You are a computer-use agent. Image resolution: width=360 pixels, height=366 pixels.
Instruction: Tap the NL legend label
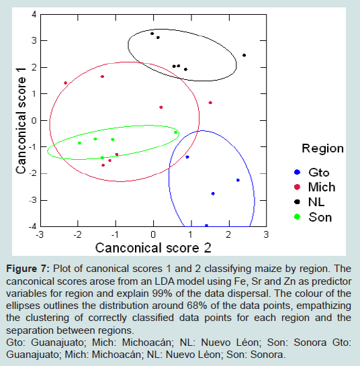coord(316,202)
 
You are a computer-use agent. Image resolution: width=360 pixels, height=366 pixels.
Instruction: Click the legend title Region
coord(322,148)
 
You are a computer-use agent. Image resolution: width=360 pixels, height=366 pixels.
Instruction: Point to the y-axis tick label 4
coord(34,15)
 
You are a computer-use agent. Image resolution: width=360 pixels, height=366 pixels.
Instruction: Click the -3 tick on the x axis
coord(40,234)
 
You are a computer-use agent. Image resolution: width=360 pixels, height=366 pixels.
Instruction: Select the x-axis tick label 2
coord(228,234)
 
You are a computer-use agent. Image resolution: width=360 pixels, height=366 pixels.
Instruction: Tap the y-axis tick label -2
coord(33,173)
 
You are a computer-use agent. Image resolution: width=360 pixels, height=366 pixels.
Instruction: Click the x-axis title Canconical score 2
coord(153,248)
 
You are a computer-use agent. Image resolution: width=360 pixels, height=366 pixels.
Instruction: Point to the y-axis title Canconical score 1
coord(21,120)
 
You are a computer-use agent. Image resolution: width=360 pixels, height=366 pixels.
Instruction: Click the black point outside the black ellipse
coord(244,55)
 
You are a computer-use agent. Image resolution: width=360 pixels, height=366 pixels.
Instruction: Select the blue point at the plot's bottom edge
coord(206,226)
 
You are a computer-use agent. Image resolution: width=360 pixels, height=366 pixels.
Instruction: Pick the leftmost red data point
coord(66,83)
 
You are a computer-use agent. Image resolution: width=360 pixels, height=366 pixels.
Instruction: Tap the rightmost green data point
coord(175,132)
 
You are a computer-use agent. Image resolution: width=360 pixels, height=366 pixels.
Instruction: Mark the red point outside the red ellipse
coord(210,103)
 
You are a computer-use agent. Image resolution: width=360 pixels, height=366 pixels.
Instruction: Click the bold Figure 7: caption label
coord(28,269)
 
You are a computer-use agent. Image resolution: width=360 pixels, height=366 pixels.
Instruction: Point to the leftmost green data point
coord(80,143)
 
